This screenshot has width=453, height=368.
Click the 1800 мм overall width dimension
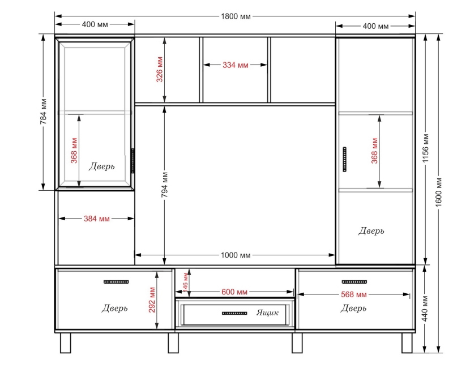click(x=236, y=16)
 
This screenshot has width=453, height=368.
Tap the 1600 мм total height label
click(x=438, y=191)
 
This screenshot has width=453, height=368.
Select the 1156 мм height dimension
click(x=426, y=148)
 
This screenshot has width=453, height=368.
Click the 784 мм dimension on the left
click(x=44, y=112)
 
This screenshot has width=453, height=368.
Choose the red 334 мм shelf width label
click(x=235, y=65)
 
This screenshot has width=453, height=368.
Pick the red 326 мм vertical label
click(x=160, y=69)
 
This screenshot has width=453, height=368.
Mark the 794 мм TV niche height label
click(x=164, y=185)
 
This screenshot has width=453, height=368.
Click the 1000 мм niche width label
click(x=236, y=255)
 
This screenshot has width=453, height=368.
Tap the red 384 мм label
click(x=97, y=219)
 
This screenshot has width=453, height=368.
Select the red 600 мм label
click(x=234, y=292)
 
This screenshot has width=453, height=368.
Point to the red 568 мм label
click(x=353, y=294)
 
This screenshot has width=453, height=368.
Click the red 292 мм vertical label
click(x=152, y=300)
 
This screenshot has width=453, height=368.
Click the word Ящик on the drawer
click(x=267, y=313)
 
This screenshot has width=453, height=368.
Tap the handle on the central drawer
click(x=234, y=313)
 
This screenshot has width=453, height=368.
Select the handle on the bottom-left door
click(x=116, y=281)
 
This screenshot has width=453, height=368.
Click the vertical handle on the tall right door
click(x=344, y=159)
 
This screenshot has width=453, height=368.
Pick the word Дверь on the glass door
click(x=102, y=166)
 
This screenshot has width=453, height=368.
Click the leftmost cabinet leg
click(x=66, y=343)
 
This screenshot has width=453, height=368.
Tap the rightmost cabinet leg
click(x=407, y=343)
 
